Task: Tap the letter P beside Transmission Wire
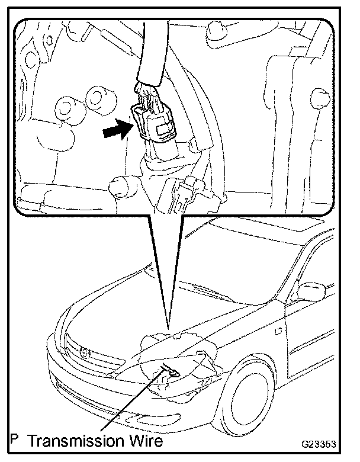14,440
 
